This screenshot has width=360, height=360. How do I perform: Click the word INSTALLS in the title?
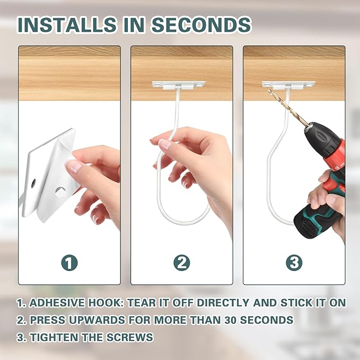pyautogui.click(x=67, y=24)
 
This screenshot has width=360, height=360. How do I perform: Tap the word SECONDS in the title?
pyautogui.click(x=201, y=24)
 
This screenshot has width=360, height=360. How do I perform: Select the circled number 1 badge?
pyautogui.click(x=69, y=262)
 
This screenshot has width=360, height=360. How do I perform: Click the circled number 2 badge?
pyautogui.click(x=182, y=262)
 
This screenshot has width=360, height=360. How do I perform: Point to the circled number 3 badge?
pyautogui.click(x=294, y=262)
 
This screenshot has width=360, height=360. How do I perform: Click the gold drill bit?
pyautogui.click(x=288, y=108)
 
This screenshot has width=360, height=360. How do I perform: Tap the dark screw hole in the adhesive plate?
pyautogui.click(x=33, y=183)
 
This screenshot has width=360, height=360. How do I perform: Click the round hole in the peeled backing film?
pyautogui.click(x=60, y=192)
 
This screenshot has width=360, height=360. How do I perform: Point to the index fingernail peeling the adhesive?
pyautogui.click(x=73, y=166)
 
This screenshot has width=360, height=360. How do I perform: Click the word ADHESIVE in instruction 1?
pyautogui.click(x=57, y=303)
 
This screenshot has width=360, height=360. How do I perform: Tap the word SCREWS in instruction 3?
pyautogui.click(x=129, y=337)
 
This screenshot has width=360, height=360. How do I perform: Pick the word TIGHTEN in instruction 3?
pyautogui.click(x=54, y=337)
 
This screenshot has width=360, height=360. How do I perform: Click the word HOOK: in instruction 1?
pyautogui.click(x=106, y=303)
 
